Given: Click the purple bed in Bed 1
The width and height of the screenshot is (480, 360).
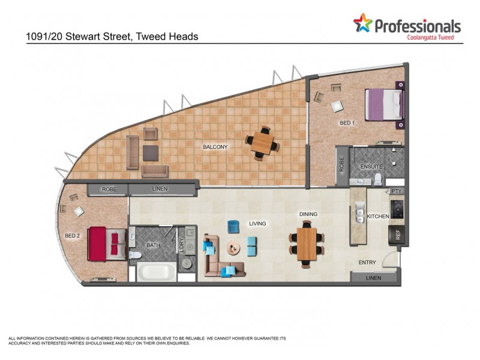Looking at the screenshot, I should [x=384, y=105].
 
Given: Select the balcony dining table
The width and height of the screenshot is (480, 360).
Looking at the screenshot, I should [x=262, y=143].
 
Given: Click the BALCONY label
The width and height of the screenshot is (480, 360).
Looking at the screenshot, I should [x=215, y=147].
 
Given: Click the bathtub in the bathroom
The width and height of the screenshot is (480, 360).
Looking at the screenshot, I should [x=156, y=272].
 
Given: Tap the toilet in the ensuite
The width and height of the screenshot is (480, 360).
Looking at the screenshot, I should [x=379, y=179].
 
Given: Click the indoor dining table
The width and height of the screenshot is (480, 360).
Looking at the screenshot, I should [x=307, y=242].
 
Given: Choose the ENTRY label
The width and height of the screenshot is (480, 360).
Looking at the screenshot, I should [x=367, y=263].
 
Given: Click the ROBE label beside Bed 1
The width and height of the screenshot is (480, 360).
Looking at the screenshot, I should [x=342, y=165].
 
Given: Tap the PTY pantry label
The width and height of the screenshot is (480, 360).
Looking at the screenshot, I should [x=396, y=191].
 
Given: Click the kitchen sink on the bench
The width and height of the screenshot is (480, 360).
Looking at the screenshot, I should [x=360, y=212].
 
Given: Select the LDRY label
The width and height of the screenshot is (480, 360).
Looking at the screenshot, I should [x=181, y=245].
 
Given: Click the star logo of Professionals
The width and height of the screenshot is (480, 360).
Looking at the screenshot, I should [x=362, y=23].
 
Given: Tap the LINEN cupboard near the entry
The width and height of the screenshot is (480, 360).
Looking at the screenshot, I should [x=373, y=278].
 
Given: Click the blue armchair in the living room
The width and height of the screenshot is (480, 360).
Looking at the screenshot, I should [x=233, y=226].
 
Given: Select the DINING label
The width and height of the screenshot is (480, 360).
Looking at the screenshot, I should [x=308, y=214].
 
